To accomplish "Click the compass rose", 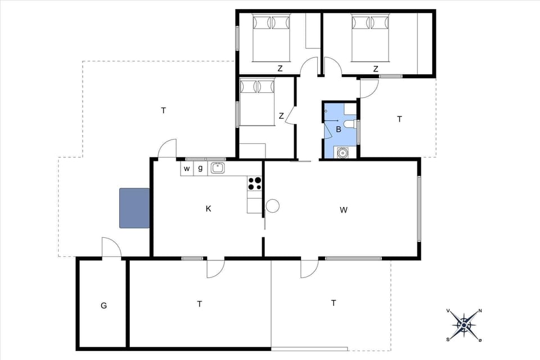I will pos(463,325).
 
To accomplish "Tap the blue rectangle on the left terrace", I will pos(134,208).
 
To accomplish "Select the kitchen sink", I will pos(217,168).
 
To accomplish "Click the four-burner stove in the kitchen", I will pos(254,183).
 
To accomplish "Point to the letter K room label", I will pos(208,209).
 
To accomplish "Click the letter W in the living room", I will pos(344,210).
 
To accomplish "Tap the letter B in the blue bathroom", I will pos(338,129).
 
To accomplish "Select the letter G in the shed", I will pos(103,305).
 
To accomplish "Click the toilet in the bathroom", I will pos(349,125).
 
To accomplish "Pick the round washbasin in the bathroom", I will pos(341,151).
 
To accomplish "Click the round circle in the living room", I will pos(273,206).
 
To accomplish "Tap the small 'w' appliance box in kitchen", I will pos(187,168).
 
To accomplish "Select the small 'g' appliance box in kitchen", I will pos(200,168).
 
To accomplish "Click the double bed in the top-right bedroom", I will pos(371,38).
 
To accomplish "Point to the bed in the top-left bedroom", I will pos(271,38).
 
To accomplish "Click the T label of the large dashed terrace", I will pos(164,110).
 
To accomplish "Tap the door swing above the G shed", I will pos(111,247).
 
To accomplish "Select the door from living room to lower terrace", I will pos(309,269).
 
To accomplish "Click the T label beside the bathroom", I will pos(400,119).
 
